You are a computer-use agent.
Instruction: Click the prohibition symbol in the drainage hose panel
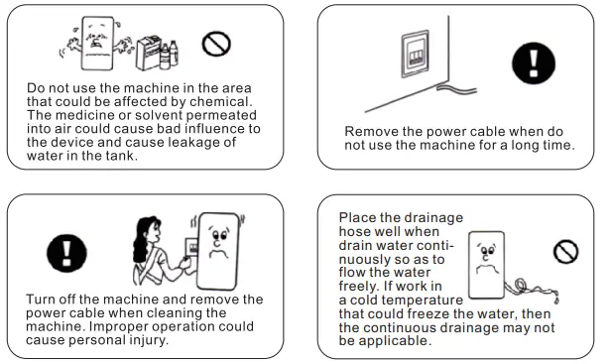(x=567, y=251)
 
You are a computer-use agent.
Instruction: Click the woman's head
(x=151, y=227)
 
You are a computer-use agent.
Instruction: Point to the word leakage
(x=185, y=143)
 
